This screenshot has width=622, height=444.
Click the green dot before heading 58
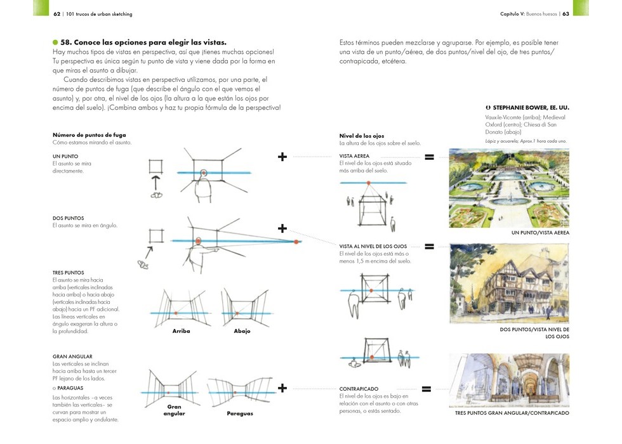point(55,42)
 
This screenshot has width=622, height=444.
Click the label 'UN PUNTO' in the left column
point(65,156)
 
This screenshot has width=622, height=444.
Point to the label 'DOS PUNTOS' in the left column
point(68,218)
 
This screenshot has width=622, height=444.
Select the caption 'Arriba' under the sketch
point(181,331)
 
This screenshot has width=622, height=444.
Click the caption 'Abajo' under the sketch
point(242,331)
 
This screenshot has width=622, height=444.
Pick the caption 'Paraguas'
point(240,414)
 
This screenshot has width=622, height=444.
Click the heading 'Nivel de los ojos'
point(362,136)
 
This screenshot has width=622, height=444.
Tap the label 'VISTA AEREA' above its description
point(354,156)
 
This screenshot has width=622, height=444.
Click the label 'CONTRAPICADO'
point(359,389)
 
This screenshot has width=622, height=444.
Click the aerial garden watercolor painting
point(508,188)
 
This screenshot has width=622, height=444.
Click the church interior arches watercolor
point(508,380)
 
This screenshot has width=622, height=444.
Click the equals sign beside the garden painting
point(429,157)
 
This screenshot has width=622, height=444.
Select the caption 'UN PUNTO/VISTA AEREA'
point(540,233)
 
